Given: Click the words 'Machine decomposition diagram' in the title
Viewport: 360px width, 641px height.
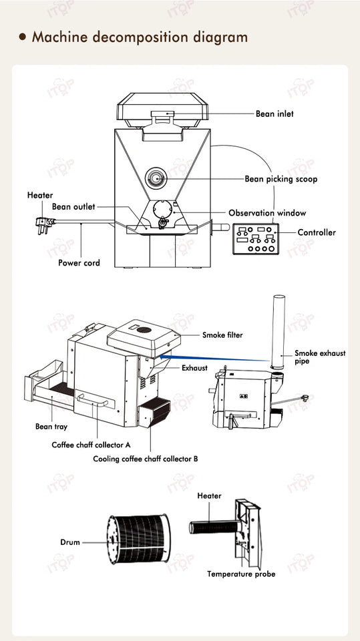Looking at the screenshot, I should click(x=140, y=37).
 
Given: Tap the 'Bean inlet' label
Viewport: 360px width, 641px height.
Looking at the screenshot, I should click(x=275, y=114).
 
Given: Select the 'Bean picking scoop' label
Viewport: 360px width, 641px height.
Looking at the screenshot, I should click(x=281, y=179).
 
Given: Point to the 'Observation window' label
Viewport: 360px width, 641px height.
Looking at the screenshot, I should click(x=267, y=213).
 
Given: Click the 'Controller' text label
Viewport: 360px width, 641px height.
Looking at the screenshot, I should click(x=317, y=232).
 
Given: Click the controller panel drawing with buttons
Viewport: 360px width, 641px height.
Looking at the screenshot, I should click(x=255, y=238).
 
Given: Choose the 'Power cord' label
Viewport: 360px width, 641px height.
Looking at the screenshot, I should click(x=79, y=263).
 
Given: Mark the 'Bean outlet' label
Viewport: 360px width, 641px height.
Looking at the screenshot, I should click(x=73, y=207).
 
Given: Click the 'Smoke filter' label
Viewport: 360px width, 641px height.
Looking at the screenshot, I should click(x=222, y=335).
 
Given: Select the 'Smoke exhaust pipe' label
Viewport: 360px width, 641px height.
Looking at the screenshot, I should click(x=320, y=357).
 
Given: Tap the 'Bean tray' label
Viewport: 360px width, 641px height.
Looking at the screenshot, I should click(x=51, y=426).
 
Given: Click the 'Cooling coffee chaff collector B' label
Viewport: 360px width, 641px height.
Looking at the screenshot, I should click(x=146, y=459).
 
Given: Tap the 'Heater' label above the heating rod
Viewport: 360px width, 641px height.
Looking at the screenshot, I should click(x=209, y=496).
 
